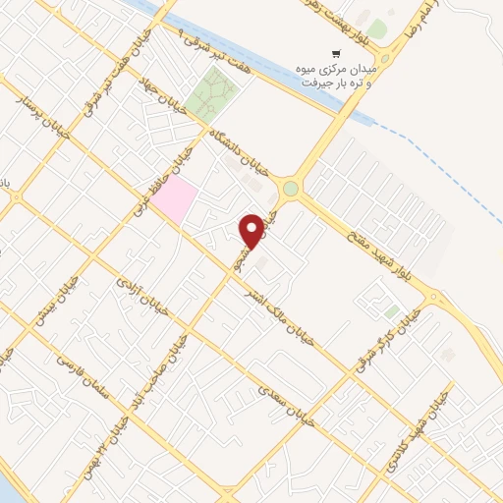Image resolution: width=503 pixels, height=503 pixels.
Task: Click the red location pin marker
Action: (252, 231)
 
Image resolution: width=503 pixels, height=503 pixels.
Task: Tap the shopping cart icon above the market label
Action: (337, 54)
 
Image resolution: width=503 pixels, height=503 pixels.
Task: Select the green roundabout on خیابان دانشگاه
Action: (291, 188)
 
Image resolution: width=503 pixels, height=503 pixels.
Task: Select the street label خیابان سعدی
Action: (285, 405)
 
